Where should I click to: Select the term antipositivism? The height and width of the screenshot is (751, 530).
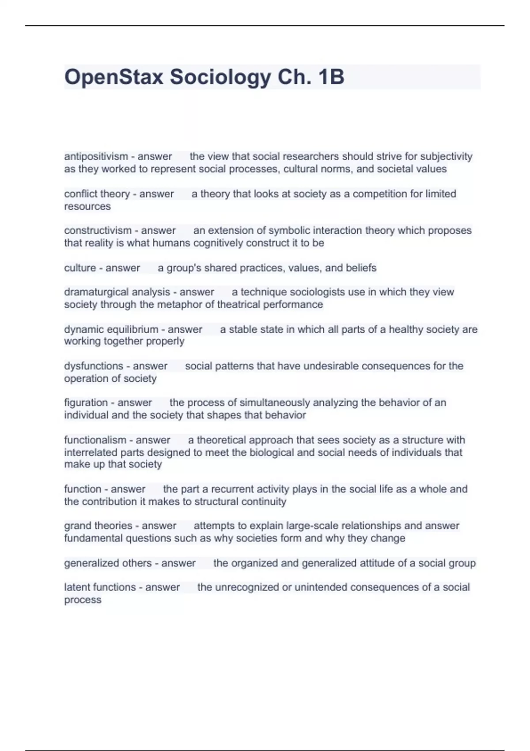point(96,156)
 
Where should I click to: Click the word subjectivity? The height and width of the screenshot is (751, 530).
point(446,156)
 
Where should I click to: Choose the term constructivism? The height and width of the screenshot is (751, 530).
point(98,231)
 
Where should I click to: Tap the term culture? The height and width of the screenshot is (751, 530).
point(80,268)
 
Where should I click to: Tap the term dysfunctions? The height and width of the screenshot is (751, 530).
point(94,366)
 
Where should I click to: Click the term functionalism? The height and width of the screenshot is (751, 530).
point(95,440)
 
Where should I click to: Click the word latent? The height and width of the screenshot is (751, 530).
point(77,588)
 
